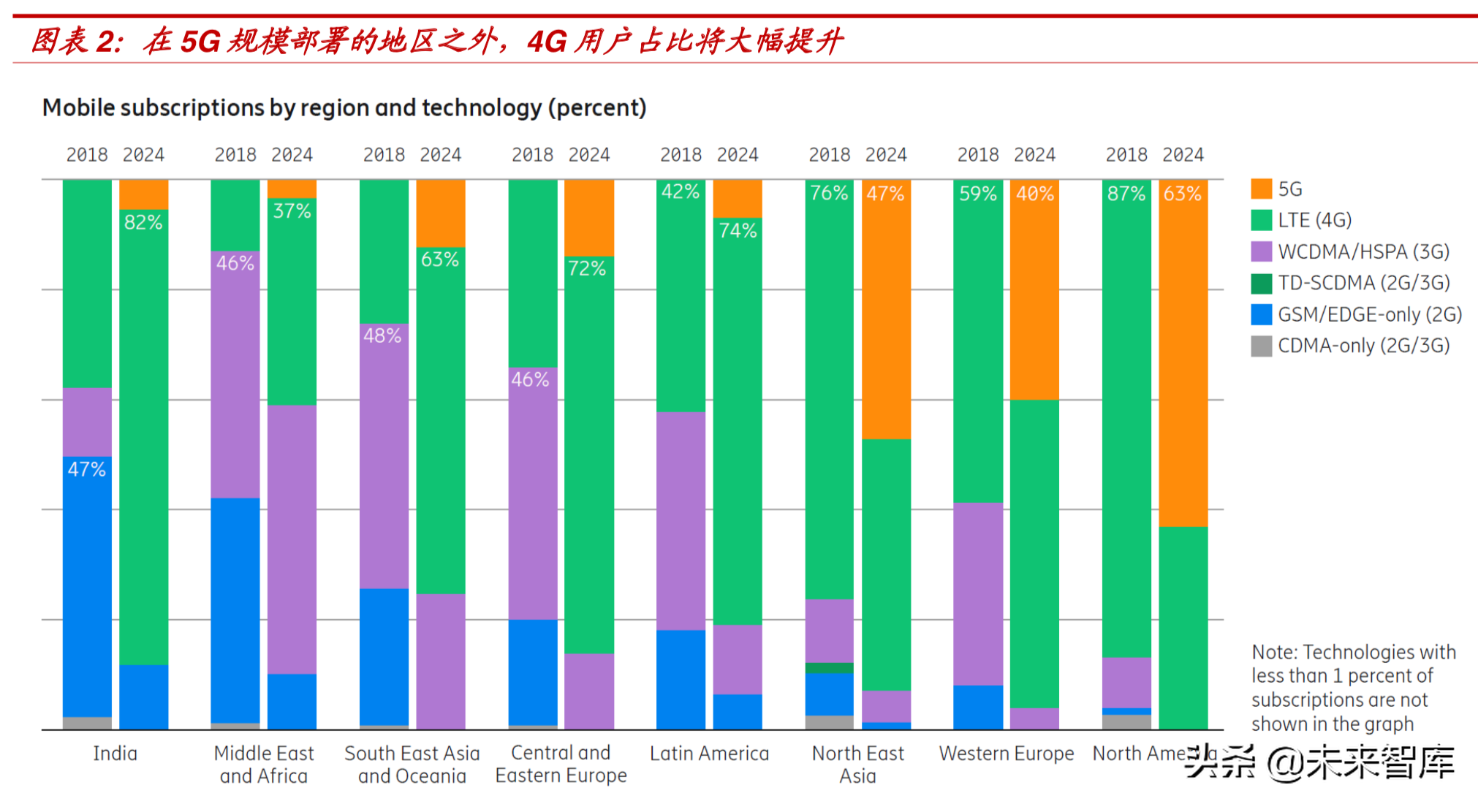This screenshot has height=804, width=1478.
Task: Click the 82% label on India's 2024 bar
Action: pos(143,222)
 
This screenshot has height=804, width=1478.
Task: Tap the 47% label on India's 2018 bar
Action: pos(86,469)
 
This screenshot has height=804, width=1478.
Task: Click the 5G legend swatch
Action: pos(1261,189)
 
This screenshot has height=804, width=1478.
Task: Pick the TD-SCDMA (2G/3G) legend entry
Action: pos(1363,283)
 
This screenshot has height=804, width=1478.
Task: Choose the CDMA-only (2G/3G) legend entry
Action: pos(1363,346)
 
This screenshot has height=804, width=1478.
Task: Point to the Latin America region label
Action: pos(709,754)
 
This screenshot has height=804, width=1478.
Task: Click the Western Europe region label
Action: pos(1006,754)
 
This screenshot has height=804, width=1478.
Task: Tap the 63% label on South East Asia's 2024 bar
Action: pos(440,259)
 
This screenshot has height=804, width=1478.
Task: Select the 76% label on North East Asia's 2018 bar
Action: pos(829,193)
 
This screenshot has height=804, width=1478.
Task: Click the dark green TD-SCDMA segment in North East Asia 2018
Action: pos(829,667)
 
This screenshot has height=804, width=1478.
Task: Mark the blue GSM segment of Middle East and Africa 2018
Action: pos(235,610)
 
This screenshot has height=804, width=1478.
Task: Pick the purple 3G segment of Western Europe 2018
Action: pos(978,593)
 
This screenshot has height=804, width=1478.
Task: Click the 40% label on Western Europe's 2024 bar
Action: pos(1035,194)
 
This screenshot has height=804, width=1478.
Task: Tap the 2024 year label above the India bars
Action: pos(143,155)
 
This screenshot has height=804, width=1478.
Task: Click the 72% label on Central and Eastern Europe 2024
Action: pos(587,269)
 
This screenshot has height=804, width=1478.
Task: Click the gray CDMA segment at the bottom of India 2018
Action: pos(87,723)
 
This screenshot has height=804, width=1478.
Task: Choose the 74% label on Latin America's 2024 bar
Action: pos(738,231)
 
